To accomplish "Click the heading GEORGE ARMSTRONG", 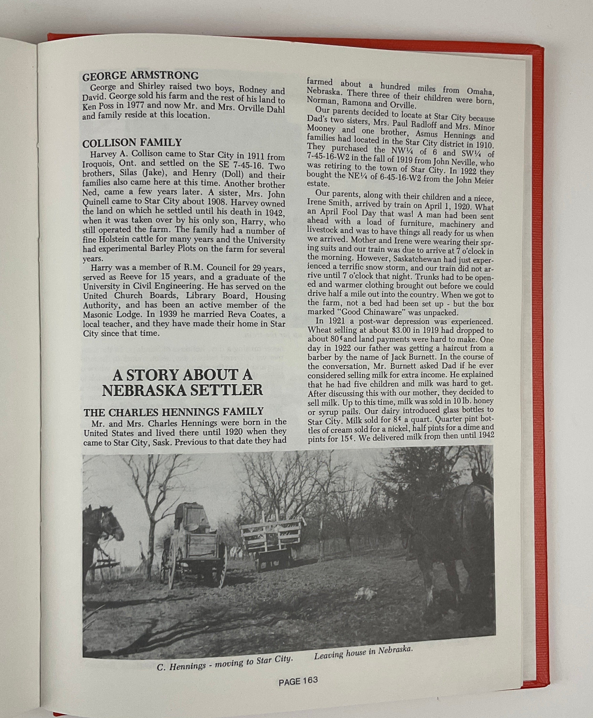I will (140, 75).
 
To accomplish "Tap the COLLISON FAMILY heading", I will (132, 142).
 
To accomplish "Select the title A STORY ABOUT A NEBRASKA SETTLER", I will (182, 382).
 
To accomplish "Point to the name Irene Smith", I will (328, 202).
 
